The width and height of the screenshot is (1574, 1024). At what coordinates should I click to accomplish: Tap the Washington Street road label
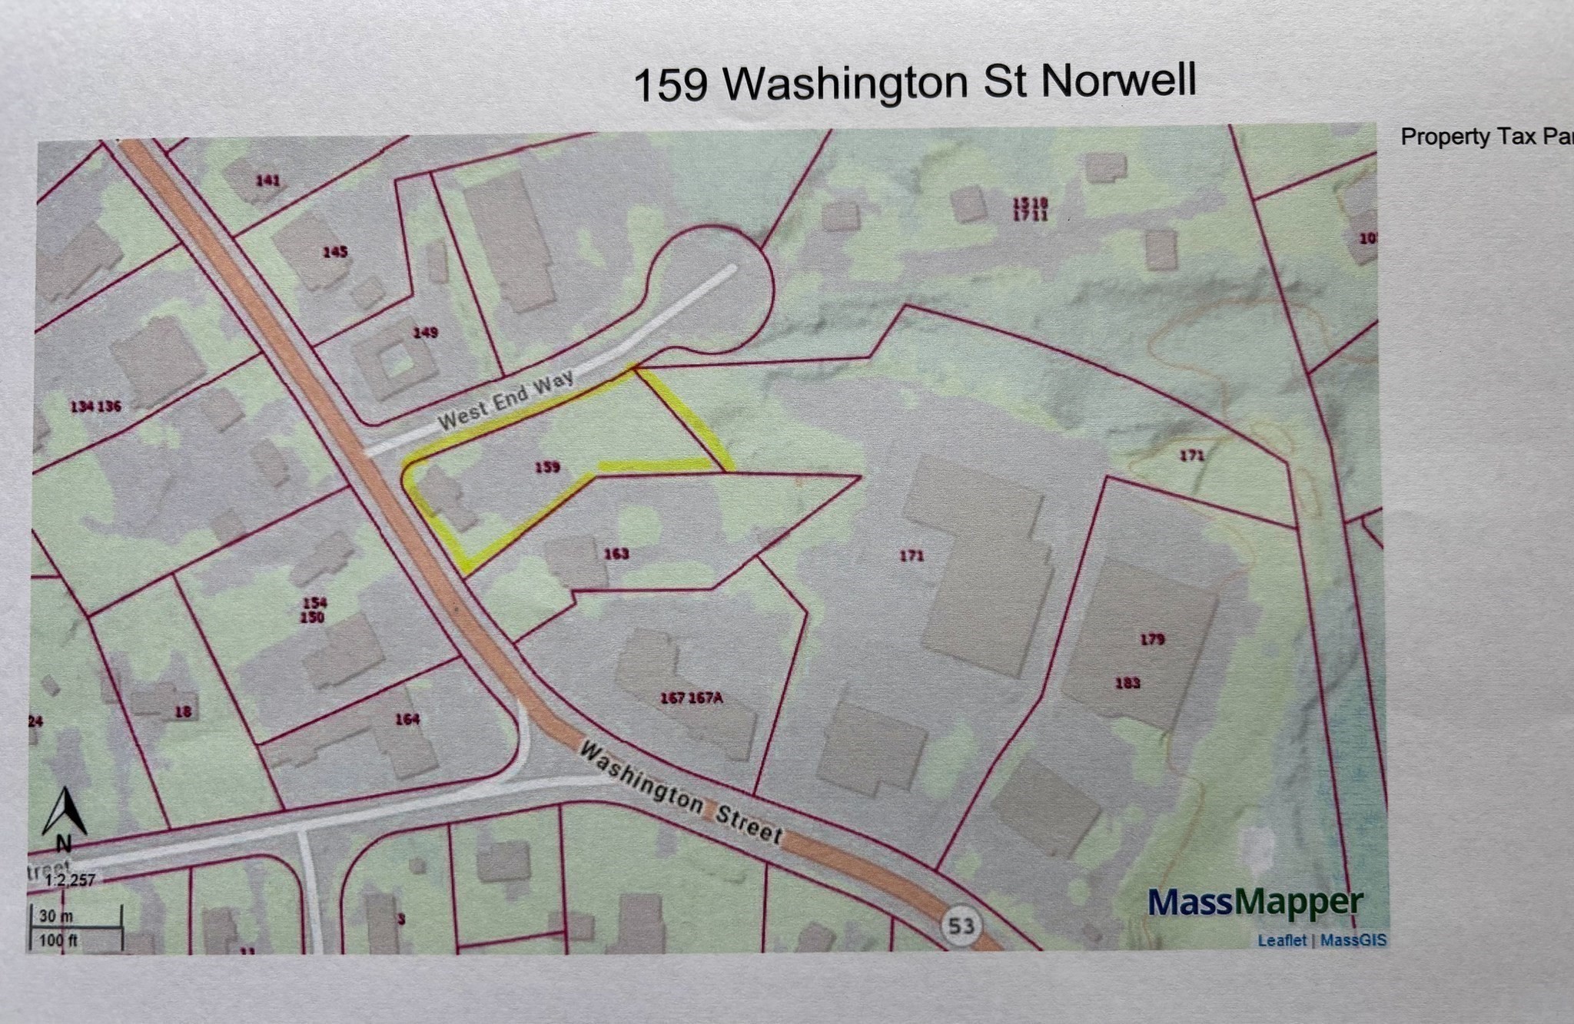tap(680, 793)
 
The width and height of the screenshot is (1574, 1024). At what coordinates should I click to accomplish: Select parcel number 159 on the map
tap(547, 466)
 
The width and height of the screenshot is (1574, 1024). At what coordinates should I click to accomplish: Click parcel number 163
tap(616, 553)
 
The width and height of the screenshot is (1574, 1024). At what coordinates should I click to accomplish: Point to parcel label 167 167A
tap(692, 698)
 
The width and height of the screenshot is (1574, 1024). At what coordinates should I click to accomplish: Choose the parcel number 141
tap(267, 181)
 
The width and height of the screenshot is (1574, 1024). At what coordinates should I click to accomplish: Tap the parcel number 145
tap(335, 251)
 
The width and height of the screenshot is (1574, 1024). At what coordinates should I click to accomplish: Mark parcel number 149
tap(425, 332)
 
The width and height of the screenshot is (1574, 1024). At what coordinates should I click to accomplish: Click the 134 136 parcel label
tap(95, 406)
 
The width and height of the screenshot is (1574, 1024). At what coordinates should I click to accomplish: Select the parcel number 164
tap(407, 719)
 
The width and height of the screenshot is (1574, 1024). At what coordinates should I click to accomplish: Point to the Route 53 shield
tap(961, 926)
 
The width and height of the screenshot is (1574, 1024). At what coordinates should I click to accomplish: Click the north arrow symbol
tap(65, 814)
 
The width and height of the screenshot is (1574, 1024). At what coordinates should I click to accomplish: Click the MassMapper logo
tap(1256, 903)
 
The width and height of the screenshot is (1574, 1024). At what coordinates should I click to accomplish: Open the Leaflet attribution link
tap(1281, 940)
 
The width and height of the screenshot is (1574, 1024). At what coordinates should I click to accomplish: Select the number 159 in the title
tap(670, 85)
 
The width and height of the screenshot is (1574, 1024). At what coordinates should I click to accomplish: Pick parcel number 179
tap(1152, 638)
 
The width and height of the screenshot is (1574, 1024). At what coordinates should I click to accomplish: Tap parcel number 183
tap(1127, 682)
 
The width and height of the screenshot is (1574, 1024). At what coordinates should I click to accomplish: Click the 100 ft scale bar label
tap(59, 940)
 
